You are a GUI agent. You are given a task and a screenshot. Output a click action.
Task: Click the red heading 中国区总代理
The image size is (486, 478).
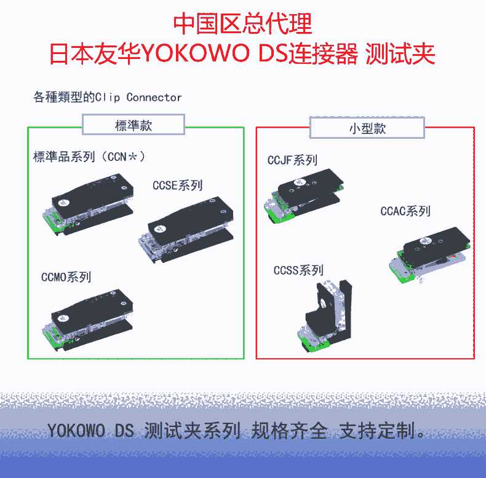[x=242, y=23]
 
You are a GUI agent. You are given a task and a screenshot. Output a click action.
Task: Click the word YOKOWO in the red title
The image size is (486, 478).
[x=196, y=53]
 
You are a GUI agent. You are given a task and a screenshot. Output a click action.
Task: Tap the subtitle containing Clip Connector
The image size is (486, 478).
[x=107, y=97]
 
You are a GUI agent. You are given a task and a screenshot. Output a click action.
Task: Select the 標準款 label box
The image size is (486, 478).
[x=133, y=125]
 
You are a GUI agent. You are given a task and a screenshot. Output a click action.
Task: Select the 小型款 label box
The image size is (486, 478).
[x=367, y=128]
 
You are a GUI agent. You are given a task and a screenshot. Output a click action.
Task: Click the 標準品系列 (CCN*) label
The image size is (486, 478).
[x=89, y=157]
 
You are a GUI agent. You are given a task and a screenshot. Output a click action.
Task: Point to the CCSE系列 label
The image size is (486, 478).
[x=178, y=186]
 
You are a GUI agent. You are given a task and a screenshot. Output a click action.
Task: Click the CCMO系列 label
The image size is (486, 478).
[x=66, y=277]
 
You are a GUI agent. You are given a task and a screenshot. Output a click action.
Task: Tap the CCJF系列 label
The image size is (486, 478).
[x=292, y=160]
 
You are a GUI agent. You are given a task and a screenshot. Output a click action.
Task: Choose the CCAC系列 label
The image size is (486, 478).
[x=405, y=211]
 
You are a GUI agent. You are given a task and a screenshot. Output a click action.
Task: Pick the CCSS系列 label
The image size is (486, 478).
[x=298, y=270]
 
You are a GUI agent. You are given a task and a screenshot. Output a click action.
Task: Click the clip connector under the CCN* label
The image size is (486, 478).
[x=88, y=205]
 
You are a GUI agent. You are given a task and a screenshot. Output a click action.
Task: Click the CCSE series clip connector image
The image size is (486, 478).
[x=186, y=230]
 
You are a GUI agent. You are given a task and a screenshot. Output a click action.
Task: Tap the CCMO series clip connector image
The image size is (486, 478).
[x=88, y=320]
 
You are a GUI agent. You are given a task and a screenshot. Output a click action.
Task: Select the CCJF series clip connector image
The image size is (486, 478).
[x=304, y=195]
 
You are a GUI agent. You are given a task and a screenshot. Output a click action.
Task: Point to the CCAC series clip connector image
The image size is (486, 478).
[x=429, y=255]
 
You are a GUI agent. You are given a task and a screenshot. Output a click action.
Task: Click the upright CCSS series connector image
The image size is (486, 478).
[x=325, y=316]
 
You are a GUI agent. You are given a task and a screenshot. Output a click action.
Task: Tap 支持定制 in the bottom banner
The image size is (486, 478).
[x=377, y=431]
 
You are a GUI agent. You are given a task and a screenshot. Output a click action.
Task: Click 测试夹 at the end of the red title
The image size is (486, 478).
[x=400, y=53]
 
